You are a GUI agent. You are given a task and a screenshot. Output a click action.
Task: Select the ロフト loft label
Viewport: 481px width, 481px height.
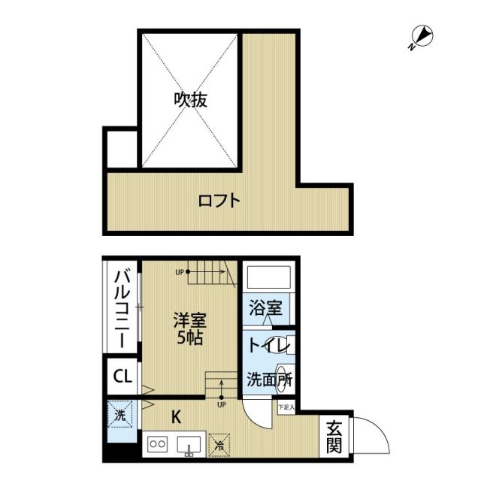point(219,201)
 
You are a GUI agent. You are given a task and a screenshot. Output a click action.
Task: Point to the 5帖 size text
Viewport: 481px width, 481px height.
point(188,339)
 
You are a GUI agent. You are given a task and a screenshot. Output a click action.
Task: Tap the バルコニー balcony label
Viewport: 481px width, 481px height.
point(121,309)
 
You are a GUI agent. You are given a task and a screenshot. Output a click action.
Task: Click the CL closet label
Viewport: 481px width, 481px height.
point(121,376)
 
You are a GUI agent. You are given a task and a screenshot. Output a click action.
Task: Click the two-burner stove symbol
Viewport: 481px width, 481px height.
point(159,443)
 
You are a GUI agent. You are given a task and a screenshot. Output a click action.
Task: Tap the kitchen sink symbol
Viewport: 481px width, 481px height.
point(189,445)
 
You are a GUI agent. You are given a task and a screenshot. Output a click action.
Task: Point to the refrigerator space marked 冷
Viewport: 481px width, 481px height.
point(219,444)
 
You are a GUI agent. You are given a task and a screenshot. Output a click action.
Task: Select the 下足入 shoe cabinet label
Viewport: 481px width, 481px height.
point(286,407)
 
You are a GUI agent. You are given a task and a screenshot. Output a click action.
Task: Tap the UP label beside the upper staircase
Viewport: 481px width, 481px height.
point(180,272)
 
